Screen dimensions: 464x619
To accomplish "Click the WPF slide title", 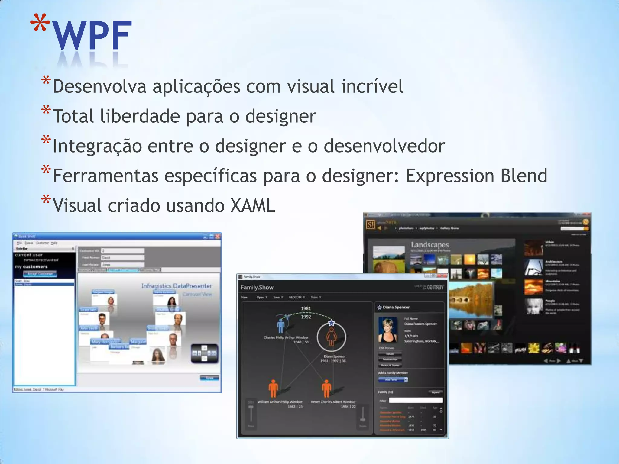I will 92,36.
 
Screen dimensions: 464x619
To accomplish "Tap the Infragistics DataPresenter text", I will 177,286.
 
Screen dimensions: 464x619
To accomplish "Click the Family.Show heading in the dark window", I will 257,288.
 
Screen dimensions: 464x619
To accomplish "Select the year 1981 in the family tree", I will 306,308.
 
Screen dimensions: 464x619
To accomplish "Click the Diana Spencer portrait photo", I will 387,330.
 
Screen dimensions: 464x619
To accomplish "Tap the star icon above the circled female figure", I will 332,323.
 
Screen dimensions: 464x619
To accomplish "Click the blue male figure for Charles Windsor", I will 281,326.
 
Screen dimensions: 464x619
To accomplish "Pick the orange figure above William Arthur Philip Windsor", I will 273,388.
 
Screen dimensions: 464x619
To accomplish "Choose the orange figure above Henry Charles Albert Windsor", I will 326,388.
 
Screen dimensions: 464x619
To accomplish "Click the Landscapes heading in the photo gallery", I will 429,245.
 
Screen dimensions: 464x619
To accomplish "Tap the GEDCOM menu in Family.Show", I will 296,297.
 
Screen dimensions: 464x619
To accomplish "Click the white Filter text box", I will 416,401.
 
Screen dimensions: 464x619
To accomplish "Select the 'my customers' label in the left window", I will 31,267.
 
